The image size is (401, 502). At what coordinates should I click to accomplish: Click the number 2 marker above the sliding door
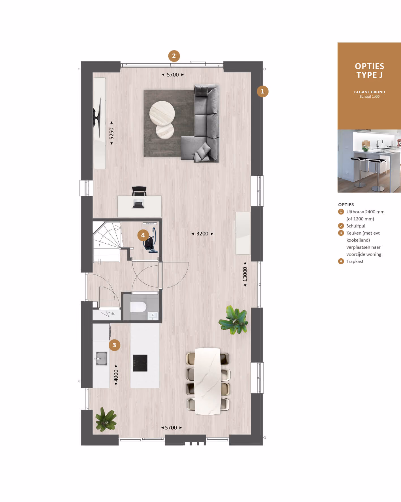coord(174,56)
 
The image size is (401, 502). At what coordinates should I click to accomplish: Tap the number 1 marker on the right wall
coord(262,91)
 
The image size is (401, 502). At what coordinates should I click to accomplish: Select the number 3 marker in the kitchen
coord(114,345)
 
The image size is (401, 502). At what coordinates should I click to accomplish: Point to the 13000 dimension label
coord(245,274)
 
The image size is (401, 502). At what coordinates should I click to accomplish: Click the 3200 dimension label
coord(202,234)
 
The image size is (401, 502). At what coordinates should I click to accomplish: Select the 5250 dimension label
coord(111,133)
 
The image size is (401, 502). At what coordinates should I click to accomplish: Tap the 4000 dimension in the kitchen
coord(116,375)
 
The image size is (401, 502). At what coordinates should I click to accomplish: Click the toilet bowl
coord(138,307)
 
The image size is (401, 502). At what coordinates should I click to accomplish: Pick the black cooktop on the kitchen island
coord(140,363)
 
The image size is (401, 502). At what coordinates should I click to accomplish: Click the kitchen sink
coord(101,358)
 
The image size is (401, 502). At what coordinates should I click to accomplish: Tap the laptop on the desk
coord(138,204)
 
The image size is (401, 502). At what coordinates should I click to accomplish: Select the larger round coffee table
coord(162,113)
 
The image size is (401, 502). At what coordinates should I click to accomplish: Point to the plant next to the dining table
coord(234,320)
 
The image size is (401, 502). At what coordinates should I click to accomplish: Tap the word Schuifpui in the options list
coord(356,226)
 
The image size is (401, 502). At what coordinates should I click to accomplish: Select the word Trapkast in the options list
coord(355,261)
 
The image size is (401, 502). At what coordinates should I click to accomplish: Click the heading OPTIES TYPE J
coord(369,71)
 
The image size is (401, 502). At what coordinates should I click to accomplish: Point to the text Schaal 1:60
coord(369,97)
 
